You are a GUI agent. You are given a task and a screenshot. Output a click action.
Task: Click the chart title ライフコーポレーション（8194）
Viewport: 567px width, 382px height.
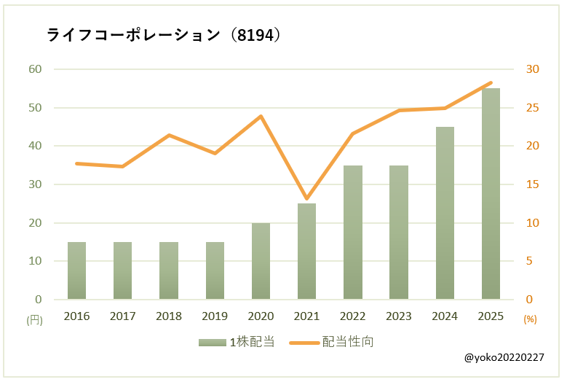[164, 35]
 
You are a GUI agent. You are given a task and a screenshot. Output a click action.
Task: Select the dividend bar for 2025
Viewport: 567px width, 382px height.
[491, 194]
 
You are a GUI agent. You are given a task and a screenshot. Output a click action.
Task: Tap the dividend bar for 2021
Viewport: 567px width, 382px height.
[306, 252]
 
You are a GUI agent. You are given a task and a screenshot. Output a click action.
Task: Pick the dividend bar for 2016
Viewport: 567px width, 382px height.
[76, 270]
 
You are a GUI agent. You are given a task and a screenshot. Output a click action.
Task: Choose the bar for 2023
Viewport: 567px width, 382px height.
[399, 233]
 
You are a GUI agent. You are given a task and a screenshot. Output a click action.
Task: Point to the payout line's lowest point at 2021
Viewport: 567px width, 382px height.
[306, 198]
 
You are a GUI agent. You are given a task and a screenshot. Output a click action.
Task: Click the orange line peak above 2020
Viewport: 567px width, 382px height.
[261, 116]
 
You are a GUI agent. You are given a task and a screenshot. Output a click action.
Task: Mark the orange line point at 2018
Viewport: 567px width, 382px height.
[168, 135]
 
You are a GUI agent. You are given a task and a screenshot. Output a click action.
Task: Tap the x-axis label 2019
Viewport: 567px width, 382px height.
[215, 316]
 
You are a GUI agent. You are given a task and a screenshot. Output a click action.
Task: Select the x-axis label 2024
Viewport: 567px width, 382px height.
[445, 316]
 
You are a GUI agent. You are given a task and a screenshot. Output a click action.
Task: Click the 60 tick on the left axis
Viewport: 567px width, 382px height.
[36, 69]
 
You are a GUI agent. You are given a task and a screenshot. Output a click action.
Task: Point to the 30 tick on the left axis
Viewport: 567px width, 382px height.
[36, 184]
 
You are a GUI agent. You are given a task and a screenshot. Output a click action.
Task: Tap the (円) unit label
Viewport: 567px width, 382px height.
[34, 319]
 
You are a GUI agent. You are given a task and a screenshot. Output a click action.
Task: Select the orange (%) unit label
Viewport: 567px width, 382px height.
[530, 319]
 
